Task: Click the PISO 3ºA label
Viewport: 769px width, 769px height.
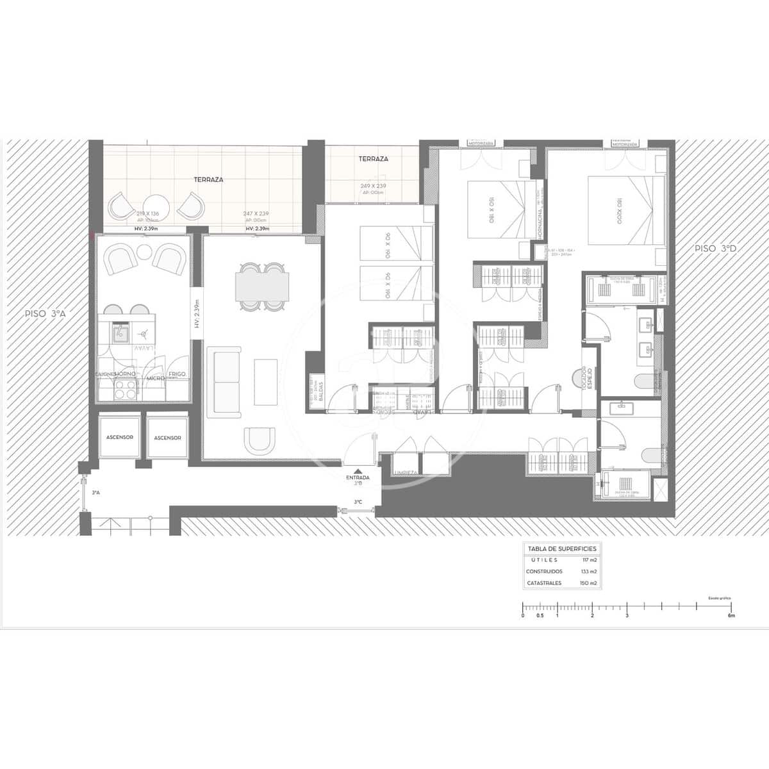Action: click(x=45, y=314)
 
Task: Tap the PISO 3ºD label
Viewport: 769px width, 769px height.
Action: click(x=716, y=248)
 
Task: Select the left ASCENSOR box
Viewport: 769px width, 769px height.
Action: click(x=120, y=437)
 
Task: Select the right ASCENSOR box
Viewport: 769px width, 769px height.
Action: click(x=167, y=438)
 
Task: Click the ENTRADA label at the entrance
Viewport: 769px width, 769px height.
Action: click(x=358, y=478)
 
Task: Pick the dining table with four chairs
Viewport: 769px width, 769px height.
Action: click(x=260, y=286)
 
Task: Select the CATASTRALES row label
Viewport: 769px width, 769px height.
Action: click(x=543, y=583)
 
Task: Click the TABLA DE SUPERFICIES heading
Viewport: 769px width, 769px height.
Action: click(x=561, y=549)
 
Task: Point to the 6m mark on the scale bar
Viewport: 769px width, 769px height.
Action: click(x=731, y=615)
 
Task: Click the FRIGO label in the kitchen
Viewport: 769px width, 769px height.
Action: click(x=177, y=374)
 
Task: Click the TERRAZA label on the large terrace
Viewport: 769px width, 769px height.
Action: click(x=208, y=180)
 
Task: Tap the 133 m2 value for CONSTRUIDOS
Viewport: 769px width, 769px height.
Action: click(x=589, y=571)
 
